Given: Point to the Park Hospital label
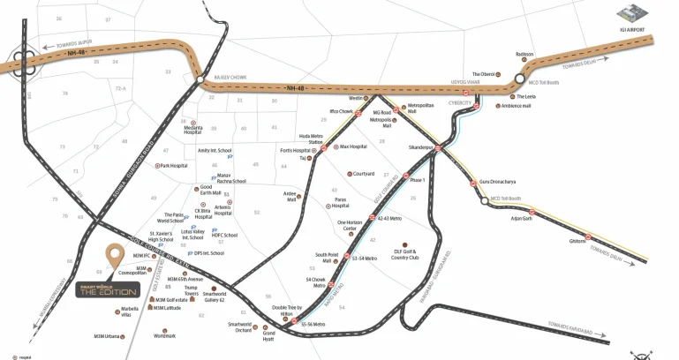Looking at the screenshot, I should (174, 165).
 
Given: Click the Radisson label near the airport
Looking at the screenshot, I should (524, 53).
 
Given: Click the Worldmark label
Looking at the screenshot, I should (164, 335).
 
